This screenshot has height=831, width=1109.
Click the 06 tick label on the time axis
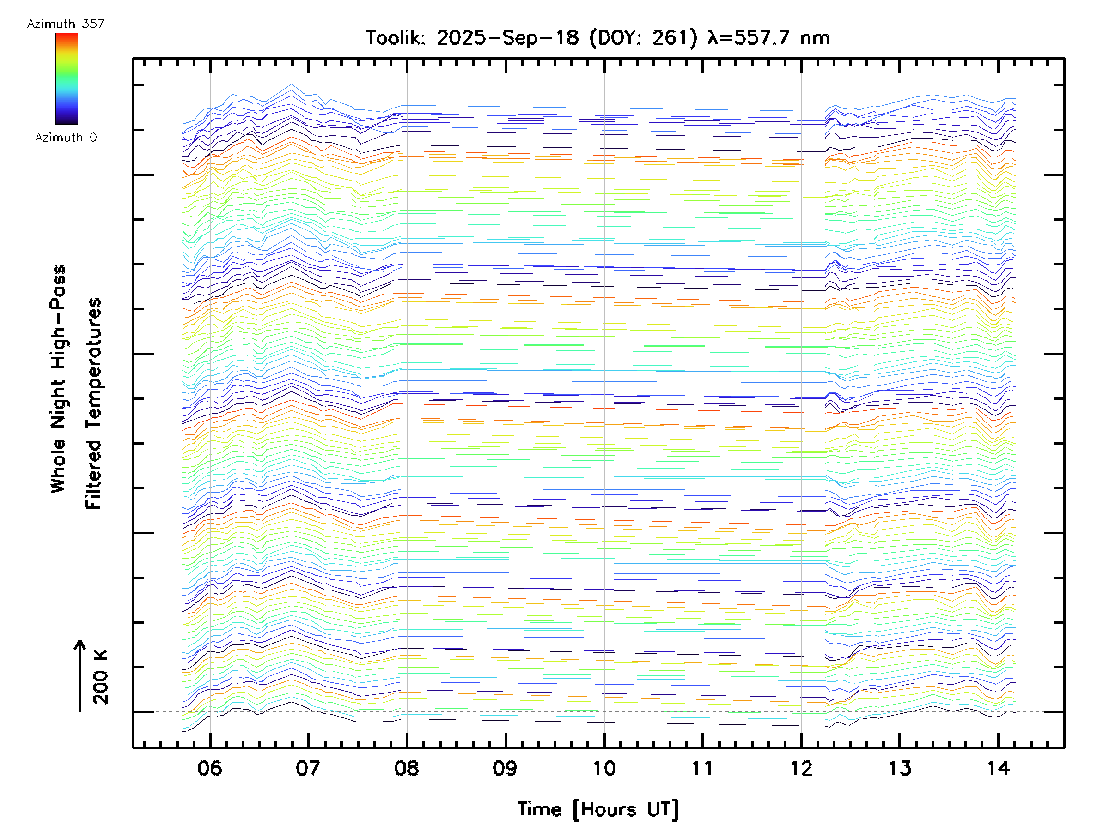click(x=210, y=768)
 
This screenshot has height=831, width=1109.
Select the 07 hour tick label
click(x=308, y=768)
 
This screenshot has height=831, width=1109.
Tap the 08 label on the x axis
click(x=407, y=768)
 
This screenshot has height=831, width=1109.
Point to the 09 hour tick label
click(x=505, y=768)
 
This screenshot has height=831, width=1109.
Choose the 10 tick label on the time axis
click(x=604, y=768)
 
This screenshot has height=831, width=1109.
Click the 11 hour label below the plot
click(x=702, y=768)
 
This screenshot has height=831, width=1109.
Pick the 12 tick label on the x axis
click(x=801, y=768)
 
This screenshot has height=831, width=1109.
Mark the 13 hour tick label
click(x=900, y=768)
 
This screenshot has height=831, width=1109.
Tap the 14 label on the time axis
click(x=998, y=768)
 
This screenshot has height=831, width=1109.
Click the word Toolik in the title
click(x=396, y=37)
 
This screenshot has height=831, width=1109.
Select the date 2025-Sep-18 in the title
click(x=507, y=37)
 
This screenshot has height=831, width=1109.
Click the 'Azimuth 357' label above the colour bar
click(x=66, y=24)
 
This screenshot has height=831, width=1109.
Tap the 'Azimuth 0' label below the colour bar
click(x=66, y=137)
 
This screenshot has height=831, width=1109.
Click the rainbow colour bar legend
click(x=67, y=78)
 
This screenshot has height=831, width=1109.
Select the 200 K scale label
click(x=100, y=677)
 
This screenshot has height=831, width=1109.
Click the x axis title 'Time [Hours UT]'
click(x=598, y=809)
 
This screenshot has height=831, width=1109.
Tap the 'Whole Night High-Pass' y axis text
click(x=58, y=379)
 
